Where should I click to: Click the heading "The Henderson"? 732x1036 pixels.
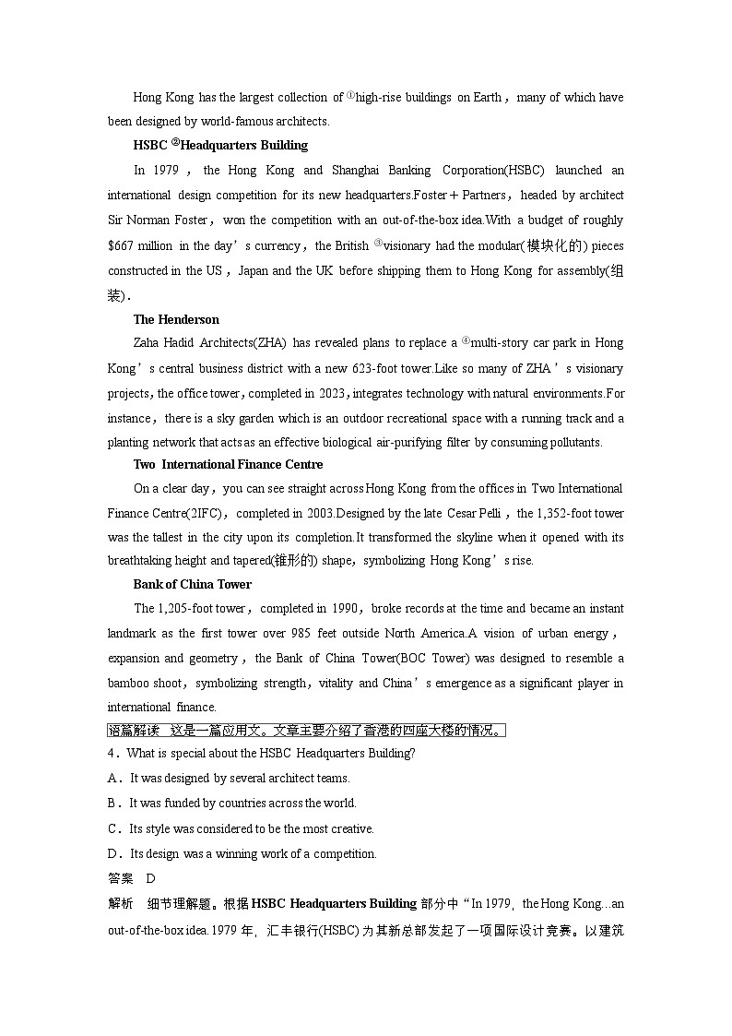point(176,319)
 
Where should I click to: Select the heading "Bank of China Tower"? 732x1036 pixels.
point(192,584)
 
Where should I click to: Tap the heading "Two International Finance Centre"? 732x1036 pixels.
point(228,464)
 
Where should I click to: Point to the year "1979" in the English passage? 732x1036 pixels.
point(166,170)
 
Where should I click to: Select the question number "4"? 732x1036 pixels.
point(112,753)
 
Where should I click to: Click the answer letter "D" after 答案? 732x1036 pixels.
point(151,878)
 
